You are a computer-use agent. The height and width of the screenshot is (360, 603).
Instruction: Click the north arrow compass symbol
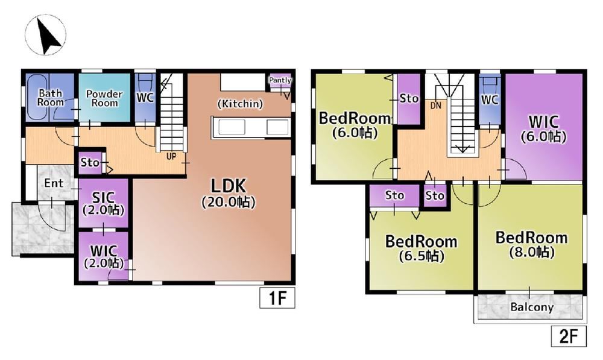(x=45, y=34)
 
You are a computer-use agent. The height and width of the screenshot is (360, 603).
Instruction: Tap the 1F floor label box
(x=277, y=298)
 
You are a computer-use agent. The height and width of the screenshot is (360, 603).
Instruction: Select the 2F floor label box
(x=569, y=336)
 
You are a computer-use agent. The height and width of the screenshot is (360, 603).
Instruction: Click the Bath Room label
(x=51, y=98)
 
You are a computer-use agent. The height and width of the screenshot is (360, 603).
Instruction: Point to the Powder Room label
(x=104, y=98)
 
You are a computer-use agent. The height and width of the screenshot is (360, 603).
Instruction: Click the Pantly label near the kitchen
(x=280, y=80)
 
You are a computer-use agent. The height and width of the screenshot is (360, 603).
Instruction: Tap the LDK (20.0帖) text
(x=229, y=193)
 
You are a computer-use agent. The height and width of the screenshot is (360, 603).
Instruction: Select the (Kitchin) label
(x=241, y=104)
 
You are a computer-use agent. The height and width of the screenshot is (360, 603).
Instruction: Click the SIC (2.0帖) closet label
(x=104, y=203)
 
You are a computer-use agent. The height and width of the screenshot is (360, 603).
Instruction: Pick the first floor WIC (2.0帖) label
(x=104, y=256)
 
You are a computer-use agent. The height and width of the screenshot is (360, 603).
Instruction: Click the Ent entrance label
(x=54, y=183)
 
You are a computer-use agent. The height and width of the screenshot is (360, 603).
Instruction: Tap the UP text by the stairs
(x=171, y=156)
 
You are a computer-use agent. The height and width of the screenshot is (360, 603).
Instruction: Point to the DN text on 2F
(x=436, y=105)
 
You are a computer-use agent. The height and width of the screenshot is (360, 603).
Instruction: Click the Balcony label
(x=532, y=307)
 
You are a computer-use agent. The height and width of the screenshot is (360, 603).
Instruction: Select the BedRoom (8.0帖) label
(x=531, y=244)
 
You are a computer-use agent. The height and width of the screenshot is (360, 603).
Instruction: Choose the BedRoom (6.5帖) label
(x=421, y=248)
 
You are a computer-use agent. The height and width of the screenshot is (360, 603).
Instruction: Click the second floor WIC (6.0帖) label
(x=543, y=129)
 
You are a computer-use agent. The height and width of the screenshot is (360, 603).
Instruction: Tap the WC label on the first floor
(x=145, y=98)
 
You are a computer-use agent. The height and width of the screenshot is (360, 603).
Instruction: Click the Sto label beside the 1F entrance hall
(x=90, y=163)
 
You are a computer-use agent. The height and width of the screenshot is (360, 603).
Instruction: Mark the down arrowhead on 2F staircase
(x=462, y=149)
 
